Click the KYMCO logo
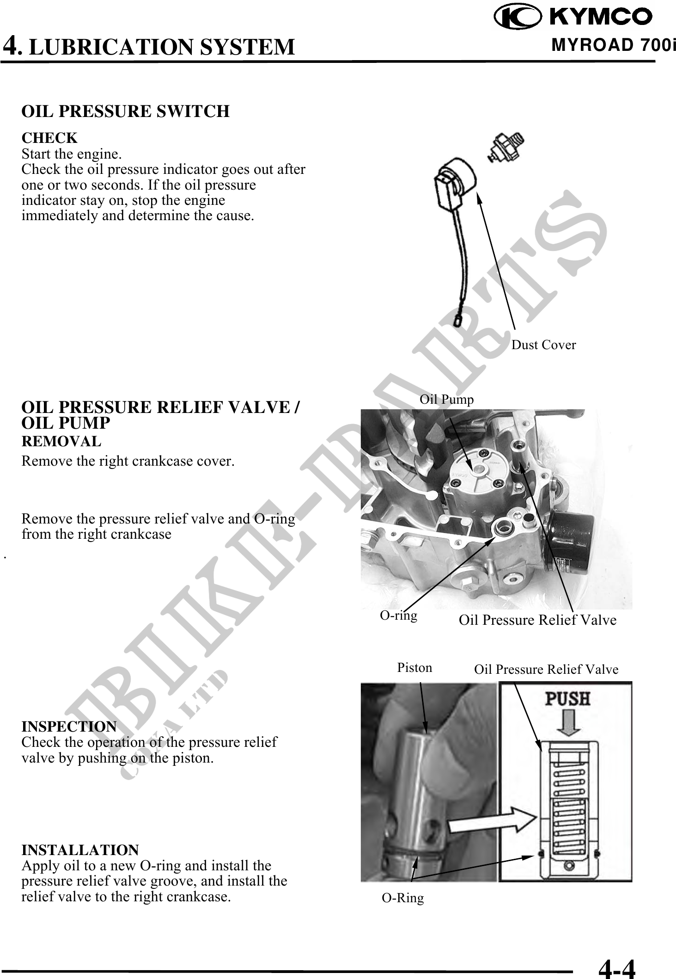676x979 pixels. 573,17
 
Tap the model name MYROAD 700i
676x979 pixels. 613,46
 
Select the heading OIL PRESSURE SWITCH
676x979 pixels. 125,111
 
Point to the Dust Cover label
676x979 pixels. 543,345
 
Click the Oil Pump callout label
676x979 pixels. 446,399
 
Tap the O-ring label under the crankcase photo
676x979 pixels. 398,615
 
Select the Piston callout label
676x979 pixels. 414,668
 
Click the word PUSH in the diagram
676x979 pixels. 568,699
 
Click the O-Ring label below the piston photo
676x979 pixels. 402,898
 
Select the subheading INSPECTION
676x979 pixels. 69,727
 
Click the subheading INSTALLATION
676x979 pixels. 80,850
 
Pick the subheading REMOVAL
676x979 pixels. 61,442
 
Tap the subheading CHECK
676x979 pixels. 49,138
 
